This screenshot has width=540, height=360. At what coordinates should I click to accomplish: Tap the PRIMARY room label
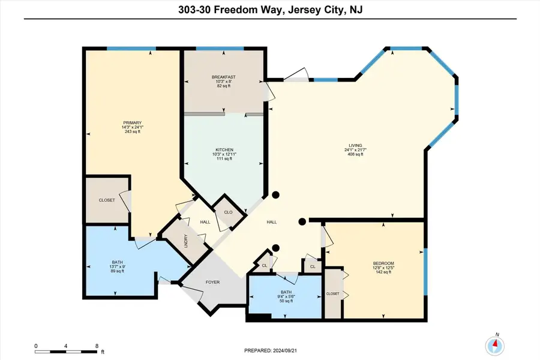132,122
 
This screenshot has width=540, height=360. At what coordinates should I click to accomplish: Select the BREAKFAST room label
223,77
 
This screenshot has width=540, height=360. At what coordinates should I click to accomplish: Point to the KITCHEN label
223,150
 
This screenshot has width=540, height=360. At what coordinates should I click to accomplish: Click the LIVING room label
356,145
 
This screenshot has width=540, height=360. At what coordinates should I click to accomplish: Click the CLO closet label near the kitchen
228,212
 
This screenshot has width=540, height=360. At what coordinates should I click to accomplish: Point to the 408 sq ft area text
356,155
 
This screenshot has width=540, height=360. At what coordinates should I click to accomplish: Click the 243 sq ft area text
132,132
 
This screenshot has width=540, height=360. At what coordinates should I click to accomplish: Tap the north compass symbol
496,344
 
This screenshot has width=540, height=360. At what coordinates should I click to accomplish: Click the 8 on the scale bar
97,347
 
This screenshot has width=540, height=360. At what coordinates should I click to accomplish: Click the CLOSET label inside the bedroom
333,294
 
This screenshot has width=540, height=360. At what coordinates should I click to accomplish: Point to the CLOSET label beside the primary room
107,200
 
